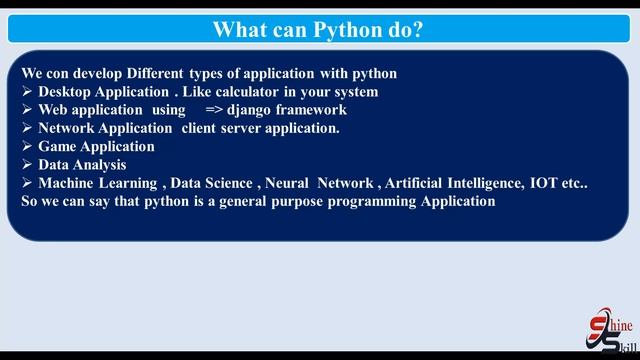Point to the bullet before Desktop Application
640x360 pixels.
pos(27,92)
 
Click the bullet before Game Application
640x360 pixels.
pos(27,146)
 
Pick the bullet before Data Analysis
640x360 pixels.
pos(27,164)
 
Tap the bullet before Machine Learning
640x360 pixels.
pos(27,183)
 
